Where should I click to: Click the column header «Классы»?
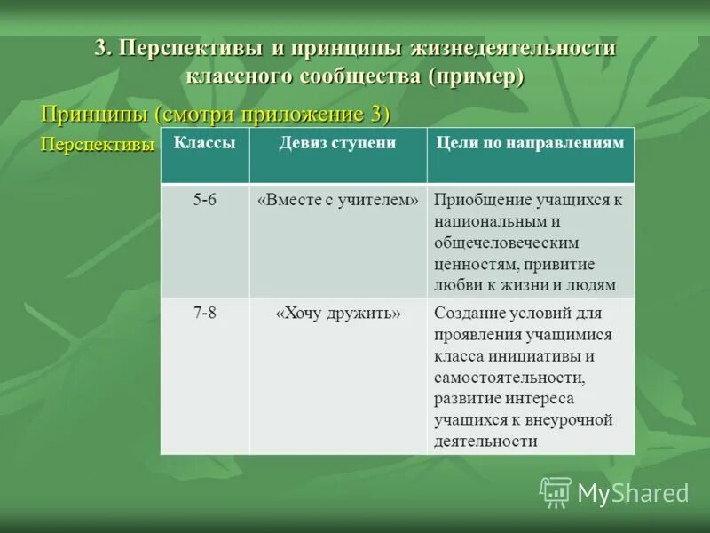click(204, 143)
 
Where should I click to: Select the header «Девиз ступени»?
click(337, 143)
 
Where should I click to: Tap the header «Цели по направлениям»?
click(530, 143)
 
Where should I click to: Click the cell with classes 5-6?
click(204, 200)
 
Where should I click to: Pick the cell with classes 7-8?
click(204, 313)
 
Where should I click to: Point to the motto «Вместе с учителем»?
click(337, 200)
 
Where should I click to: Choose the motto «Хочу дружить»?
click(337, 313)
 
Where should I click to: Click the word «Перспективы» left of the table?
click(99, 146)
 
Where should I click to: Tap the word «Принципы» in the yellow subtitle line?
click(96, 115)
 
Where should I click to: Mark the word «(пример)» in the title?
click(477, 76)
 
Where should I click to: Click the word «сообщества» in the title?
click(363, 76)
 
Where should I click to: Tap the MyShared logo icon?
click(556, 491)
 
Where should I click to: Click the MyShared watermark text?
click(633, 493)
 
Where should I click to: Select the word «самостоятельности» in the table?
click(508, 377)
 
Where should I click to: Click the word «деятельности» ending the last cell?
click(485, 441)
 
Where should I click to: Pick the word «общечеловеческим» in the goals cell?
click(506, 243)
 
